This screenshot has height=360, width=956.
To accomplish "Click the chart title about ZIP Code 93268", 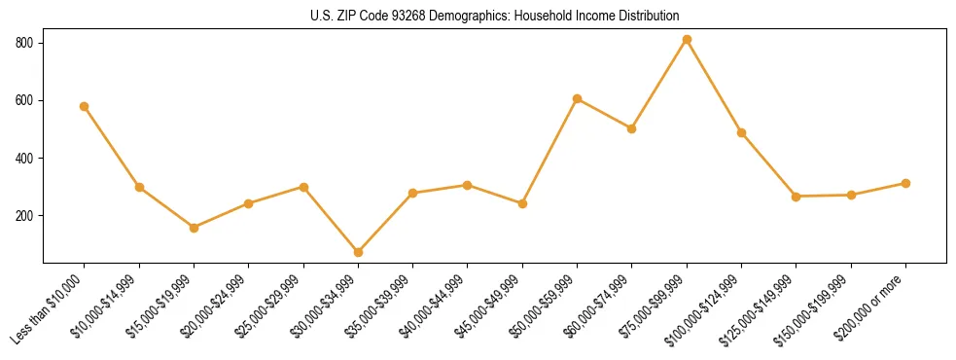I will pyautogui.click(x=494, y=16).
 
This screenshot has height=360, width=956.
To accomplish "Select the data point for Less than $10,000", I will pyautogui.click(x=85, y=106).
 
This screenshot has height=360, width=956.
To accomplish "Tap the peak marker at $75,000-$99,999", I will pyautogui.click(x=687, y=39).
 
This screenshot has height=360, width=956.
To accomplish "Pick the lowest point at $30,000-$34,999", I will pyautogui.click(x=358, y=252).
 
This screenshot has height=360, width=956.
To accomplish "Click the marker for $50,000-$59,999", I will pyautogui.click(x=578, y=98).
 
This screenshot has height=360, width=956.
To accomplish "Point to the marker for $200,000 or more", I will pyautogui.click(x=905, y=183).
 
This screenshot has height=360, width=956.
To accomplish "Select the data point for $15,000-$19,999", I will pyautogui.click(x=194, y=228).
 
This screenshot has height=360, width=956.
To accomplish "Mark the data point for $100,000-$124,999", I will pyautogui.click(x=741, y=132).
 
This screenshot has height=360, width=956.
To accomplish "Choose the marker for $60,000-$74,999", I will pyautogui.click(x=632, y=128).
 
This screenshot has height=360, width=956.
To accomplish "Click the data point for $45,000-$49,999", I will pyautogui.click(x=522, y=203).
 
